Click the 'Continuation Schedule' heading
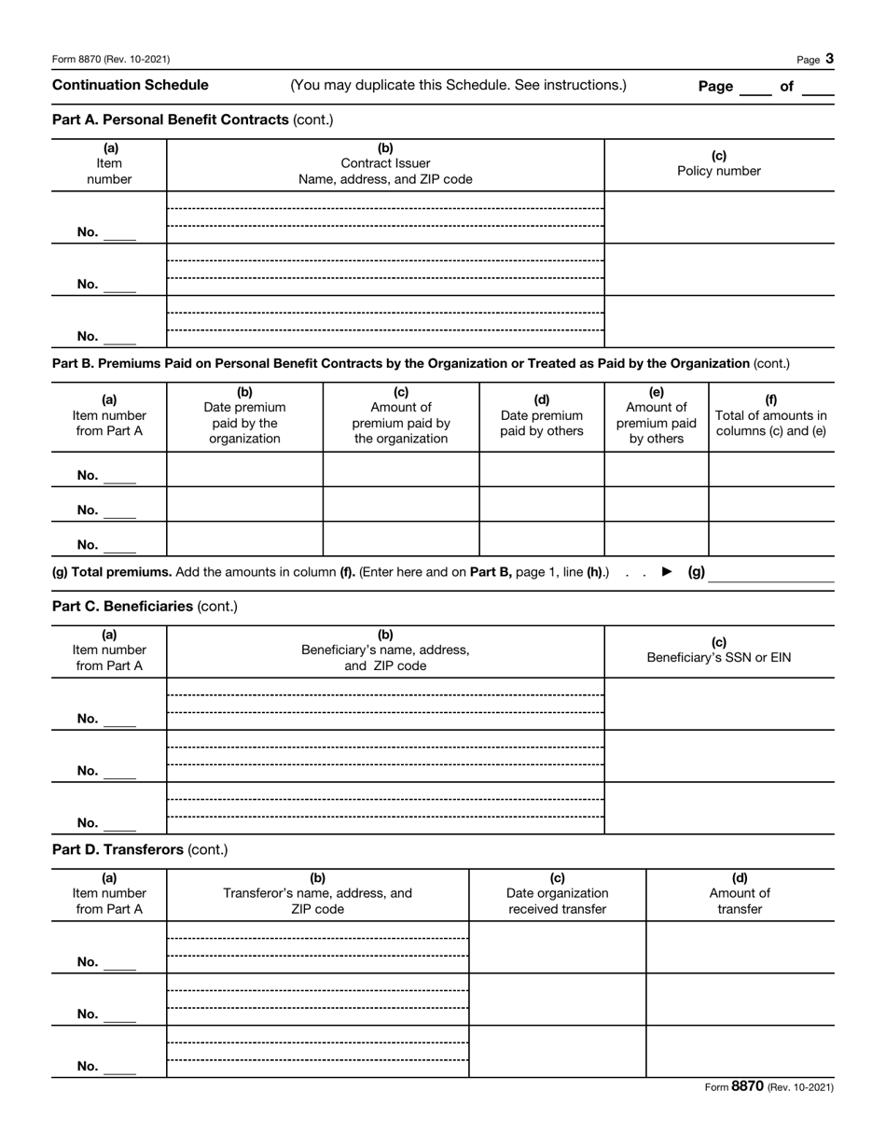(x=131, y=86)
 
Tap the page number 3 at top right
(x=829, y=59)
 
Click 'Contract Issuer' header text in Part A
(x=385, y=163)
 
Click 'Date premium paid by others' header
(x=542, y=416)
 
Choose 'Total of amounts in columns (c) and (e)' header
(x=770, y=416)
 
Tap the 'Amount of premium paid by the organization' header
(x=401, y=416)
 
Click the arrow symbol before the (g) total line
(x=667, y=572)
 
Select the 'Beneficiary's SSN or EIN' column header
(x=719, y=650)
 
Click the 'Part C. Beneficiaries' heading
(x=145, y=607)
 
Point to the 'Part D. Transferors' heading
(x=140, y=850)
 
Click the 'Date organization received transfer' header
(x=558, y=894)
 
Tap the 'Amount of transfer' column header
(x=740, y=894)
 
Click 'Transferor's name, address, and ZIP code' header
(x=317, y=894)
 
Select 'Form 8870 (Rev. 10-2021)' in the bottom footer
(x=768, y=1087)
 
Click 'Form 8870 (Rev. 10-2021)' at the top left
(x=111, y=60)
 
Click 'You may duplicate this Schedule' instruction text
(x=458, y=86)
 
